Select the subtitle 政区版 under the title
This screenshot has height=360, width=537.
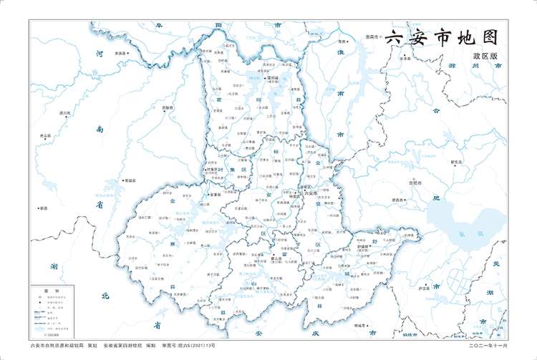(484, 56)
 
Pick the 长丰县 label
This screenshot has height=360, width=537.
(405, 59)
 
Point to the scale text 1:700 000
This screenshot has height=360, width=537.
(51, 334)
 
